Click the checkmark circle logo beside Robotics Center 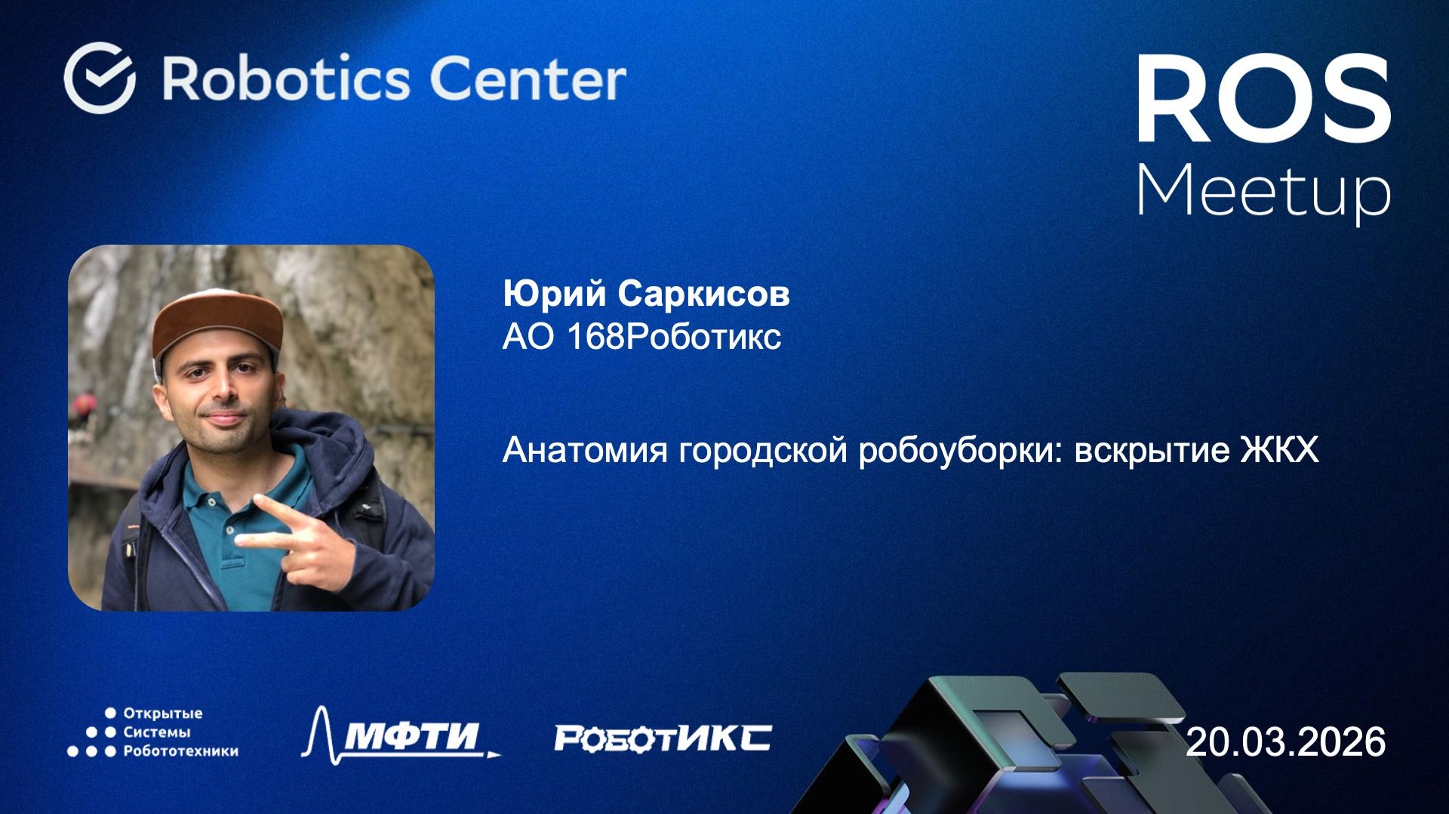point(100,78)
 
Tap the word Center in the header point(528,79)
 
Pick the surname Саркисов point(703,294)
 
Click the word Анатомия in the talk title point(585,451)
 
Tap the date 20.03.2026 point(1285,742)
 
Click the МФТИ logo point(401,734)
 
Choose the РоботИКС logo point(663,738)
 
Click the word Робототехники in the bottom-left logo point(180,751)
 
